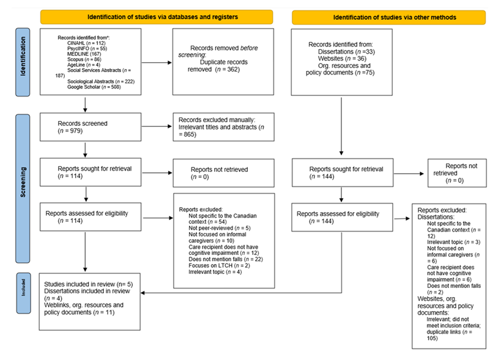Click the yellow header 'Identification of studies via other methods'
tap(388, 17)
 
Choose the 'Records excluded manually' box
tap(223, 127)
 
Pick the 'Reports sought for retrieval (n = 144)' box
tap(341, 172)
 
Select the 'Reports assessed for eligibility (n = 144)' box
tap(341, 218)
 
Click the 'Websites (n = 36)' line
tap(337, 59)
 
